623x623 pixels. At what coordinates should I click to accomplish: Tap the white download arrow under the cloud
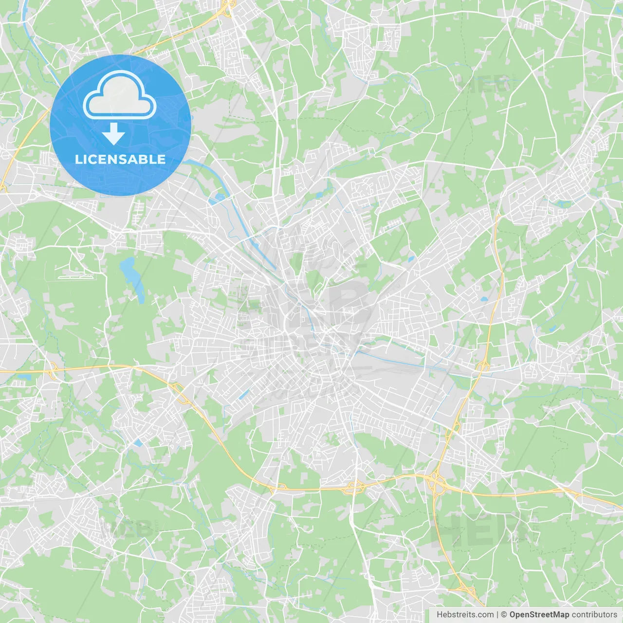tap(114, 134)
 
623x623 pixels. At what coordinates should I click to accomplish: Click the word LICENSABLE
tap(120, 159)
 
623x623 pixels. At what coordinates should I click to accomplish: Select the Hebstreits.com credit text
tap(465, 615)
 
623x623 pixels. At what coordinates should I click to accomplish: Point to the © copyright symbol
tap(504, 615)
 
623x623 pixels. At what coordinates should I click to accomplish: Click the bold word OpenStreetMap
tap(539, 615)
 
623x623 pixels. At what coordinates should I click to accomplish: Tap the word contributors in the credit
tap(594, 615)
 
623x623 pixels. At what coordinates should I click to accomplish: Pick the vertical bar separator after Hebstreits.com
tap(497, 615)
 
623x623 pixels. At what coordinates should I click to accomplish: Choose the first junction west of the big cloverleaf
tap(354, 486)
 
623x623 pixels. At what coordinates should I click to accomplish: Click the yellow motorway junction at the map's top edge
tap(225, 8)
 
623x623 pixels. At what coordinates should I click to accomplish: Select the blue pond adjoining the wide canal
tap(218, 198)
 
